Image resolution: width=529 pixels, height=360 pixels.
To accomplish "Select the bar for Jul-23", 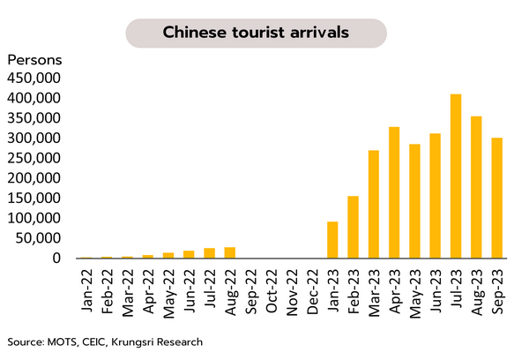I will coord(456,176).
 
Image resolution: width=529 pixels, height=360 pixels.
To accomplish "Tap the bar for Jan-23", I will coord(332,240).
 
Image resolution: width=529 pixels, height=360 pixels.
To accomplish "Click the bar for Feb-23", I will coord(353,227).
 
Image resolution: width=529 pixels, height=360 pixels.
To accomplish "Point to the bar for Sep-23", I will coord(496,199).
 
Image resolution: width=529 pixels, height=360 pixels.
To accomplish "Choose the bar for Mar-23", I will coord(374,204).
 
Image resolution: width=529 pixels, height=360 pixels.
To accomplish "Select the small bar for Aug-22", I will coord(229,252).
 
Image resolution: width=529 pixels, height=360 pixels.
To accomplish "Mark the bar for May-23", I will coord(414,201).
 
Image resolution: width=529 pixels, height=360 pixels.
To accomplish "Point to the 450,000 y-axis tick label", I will coord(34,78).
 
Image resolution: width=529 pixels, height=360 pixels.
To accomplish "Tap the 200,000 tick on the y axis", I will coord(34,178).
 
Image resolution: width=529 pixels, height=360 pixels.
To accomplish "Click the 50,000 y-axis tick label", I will coord(38,238).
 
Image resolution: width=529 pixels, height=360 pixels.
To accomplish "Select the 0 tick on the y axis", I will coord(56,259).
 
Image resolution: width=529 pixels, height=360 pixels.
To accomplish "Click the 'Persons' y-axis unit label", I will coord(34,60).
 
